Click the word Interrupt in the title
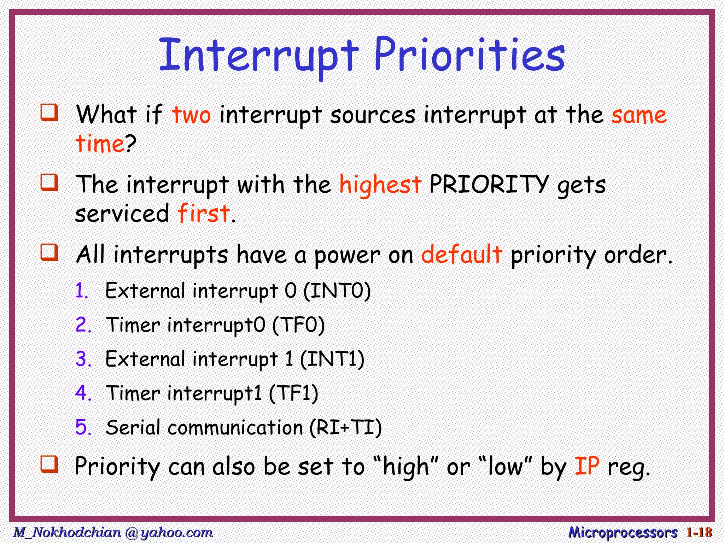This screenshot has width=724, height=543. click(x=259, y=56)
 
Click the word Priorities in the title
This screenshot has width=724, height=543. click(x=469, y=56)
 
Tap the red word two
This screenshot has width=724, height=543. click(x=191, y=115)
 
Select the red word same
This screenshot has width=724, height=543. click(x=639, y=115)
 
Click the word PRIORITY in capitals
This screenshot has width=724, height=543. click(x=489, y=185)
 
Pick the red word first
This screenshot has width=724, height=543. click(x=204, y=214)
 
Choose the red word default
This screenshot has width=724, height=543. click(x=461, y=255)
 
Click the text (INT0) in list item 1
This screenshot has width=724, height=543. click(x=337, y=291)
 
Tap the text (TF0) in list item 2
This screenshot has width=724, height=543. click(x=298, y=325)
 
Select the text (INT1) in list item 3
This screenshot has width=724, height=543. click(x=332, y=359)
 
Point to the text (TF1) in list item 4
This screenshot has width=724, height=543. click(x=293, y=393)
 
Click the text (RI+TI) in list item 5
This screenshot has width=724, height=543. click(x=346, y=427)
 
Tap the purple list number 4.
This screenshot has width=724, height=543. click(x=82, y=393)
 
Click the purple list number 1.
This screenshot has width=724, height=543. click(x=81, y=291)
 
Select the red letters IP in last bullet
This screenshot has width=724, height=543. click(x=587, y=466)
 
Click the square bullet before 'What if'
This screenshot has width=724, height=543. click(x=49, y=112)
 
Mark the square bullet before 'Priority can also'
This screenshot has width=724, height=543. click(x=49, y=464)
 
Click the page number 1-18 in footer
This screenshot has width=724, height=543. click(x=699, y=532)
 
